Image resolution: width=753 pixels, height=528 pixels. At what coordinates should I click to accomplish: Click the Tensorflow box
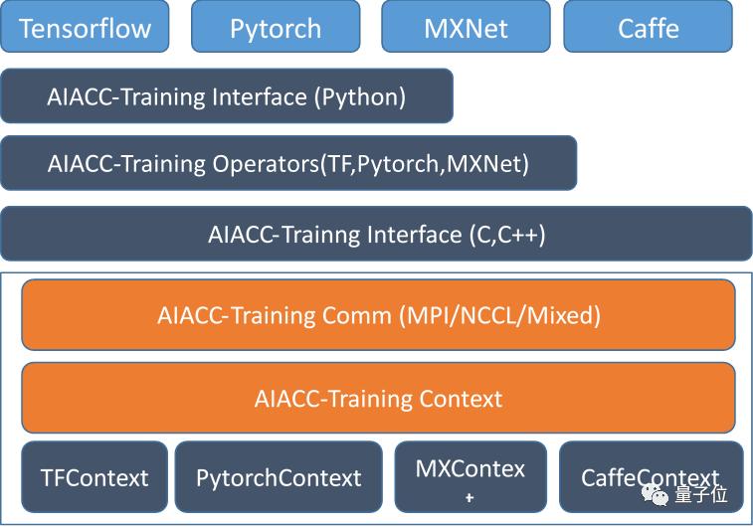tap(85, 27)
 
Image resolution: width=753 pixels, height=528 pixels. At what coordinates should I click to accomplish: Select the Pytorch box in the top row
tap(276, 27)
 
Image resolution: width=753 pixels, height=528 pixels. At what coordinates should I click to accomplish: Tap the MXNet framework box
tap(466, 27)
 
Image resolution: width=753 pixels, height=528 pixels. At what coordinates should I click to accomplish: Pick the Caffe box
tap(649, 27)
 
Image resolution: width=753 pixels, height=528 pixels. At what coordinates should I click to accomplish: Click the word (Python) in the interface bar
tap(360, 97)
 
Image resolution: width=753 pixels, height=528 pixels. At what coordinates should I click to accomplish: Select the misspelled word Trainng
tap(320, 236)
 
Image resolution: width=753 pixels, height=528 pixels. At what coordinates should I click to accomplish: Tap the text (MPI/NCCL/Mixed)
tap(500, 316)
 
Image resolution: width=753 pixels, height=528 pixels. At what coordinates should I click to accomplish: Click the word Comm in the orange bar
tap(357, 316)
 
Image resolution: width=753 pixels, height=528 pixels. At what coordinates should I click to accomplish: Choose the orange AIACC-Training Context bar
tap(378, 398)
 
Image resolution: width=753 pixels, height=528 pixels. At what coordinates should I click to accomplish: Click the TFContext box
tap(94, 477)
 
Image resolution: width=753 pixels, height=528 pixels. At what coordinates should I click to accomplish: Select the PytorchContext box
tap(279, 477)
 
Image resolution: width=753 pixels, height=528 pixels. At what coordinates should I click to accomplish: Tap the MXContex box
tap(471, 477)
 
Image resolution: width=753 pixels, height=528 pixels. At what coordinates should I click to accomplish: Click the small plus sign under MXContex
tap(470, 498)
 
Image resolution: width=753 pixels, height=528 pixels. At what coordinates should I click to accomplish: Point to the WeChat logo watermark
tap(656, 494)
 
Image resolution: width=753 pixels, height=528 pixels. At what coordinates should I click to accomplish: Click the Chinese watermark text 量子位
tap(701, 494)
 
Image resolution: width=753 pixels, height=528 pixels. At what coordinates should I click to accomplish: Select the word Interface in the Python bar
tap(260, 97)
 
